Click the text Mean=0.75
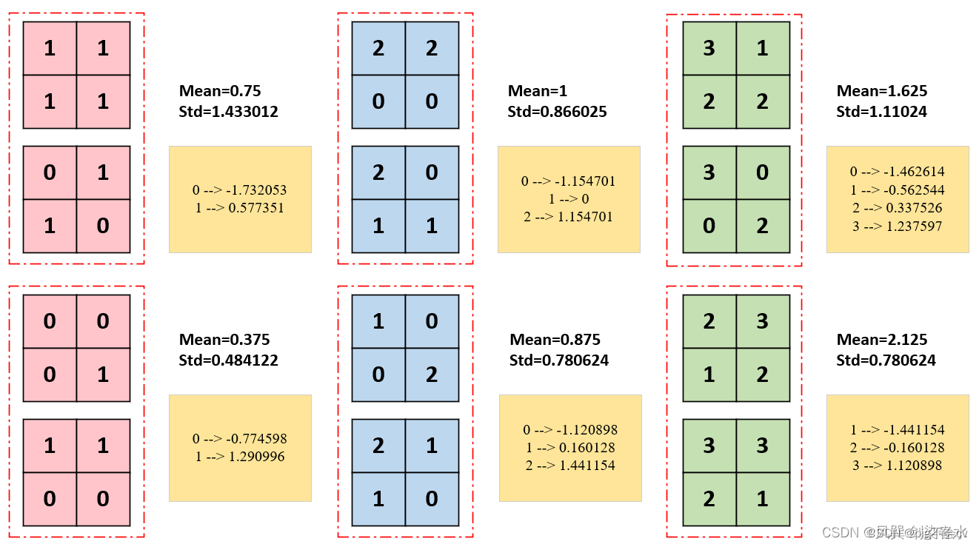[220, 91]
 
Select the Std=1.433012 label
[228, 112]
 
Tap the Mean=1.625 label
[881, 91]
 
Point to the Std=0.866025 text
[557, 112]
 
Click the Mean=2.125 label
[881, 340]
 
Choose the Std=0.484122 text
[228, 360]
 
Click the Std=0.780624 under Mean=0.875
[559, 360]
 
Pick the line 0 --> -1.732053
[239, 190]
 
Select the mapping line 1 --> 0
[568, 199]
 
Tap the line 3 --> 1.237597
[897, 226]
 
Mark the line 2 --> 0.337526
[897, 208]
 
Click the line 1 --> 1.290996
[239, 457]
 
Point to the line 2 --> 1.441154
[570, 466]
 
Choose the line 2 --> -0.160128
[897, 448]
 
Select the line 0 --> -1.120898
[570, 430]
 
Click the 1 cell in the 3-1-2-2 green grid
[763, 49]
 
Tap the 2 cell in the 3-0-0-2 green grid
[763, 226]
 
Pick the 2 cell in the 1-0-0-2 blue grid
[432, 375]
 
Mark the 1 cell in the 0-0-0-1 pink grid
[103, 375]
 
